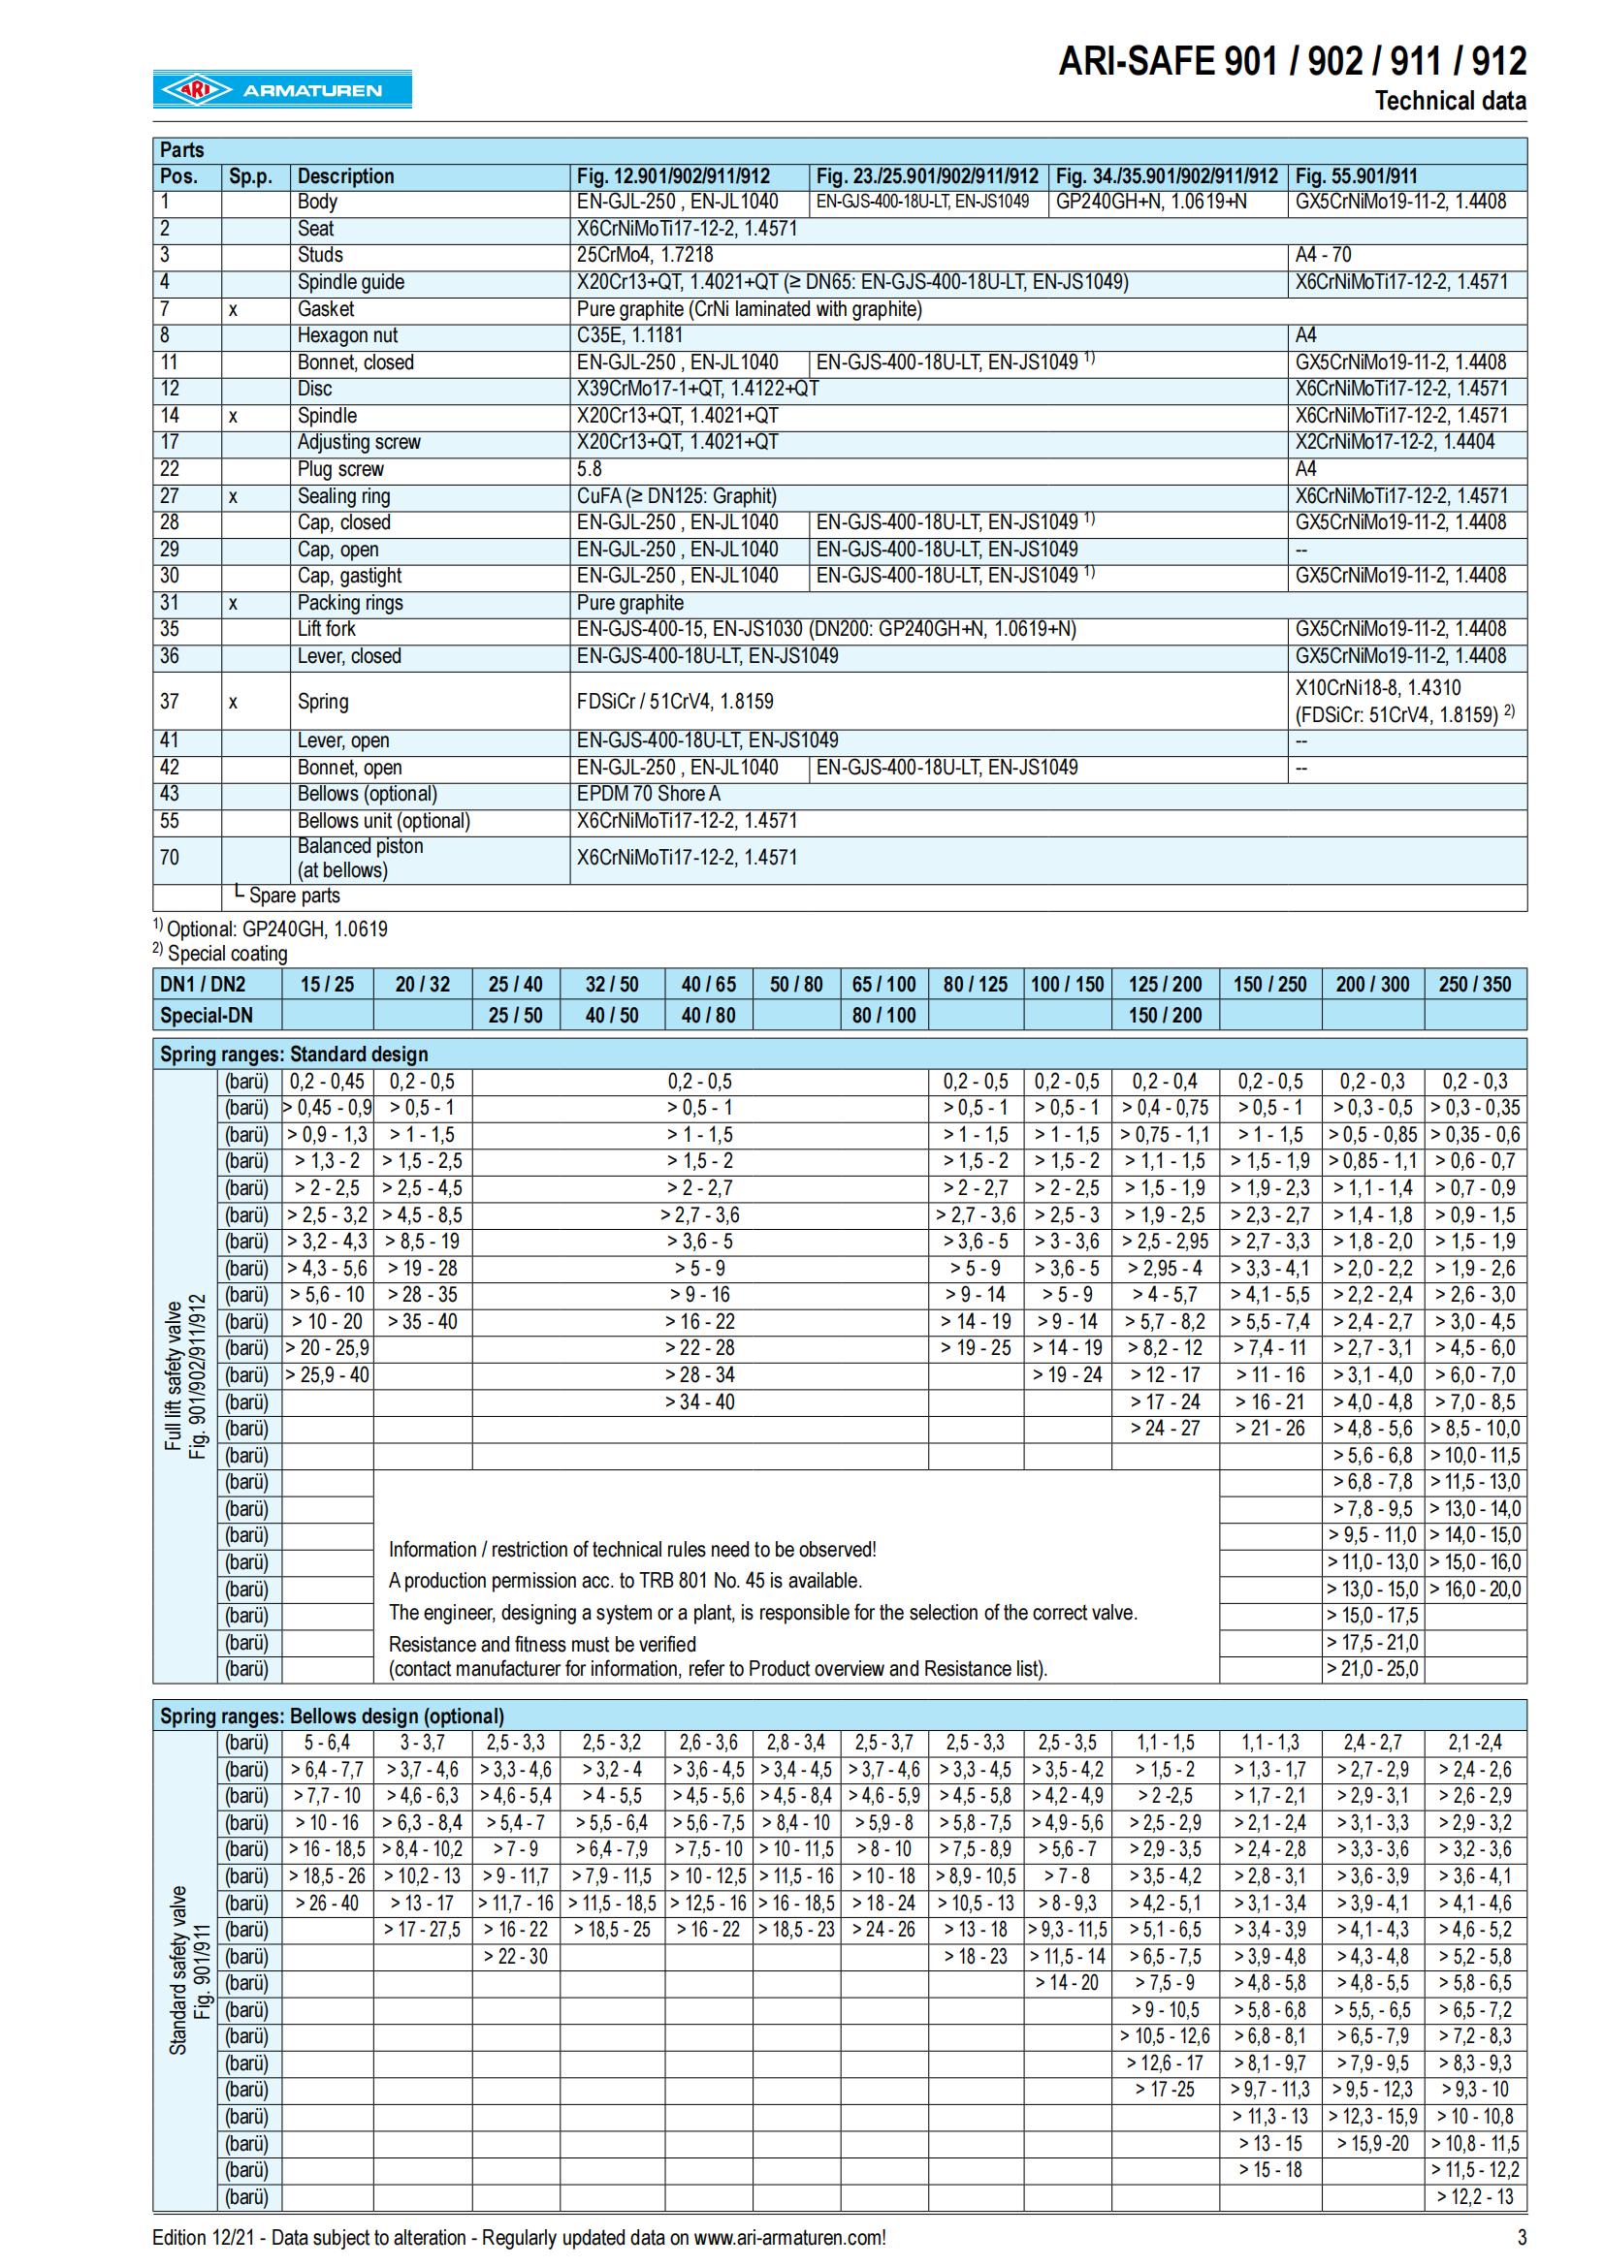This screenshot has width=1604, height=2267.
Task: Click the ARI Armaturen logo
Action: click(x=281, y=90)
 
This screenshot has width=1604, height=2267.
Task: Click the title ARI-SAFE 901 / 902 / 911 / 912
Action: click(x=1292, y=61)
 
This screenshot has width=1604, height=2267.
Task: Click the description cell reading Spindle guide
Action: click(x=351, y=282)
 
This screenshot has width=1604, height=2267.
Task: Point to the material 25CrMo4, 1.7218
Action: click(x=644, y=255)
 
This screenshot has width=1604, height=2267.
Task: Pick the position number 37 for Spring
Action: click(x=170, y=701)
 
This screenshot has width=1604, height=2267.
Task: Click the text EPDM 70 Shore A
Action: click(x=649, y=794)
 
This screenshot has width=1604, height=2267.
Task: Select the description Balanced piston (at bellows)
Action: click(x=360, y=857)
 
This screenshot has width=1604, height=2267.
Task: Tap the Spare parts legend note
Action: click(x=287, y=896)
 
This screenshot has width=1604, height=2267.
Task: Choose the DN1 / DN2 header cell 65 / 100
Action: click(x=884, y=985)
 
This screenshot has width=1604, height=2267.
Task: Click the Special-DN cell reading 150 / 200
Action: click(x=1165, y=1015)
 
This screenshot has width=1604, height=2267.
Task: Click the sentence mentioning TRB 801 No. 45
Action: click(x=626, y=1580)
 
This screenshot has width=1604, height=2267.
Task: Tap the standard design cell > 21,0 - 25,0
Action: click(x=1372, y=1669)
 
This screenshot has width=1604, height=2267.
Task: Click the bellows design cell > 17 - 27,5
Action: click(x=422, y=1930)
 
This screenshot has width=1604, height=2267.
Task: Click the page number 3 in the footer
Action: click(x=1521, y=2237)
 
